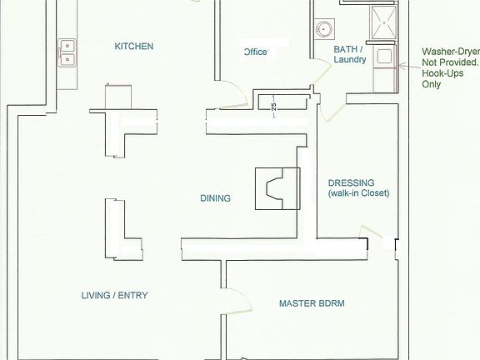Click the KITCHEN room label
point(134,47)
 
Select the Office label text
point(255,52)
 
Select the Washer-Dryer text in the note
point(451,51)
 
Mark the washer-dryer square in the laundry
point(384,57)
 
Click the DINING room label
point(215,198)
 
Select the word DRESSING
point(351,182)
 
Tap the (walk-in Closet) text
point(358,194)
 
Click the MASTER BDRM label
point(312,304)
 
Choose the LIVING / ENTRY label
point(119,296)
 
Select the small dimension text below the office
point(274,106)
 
